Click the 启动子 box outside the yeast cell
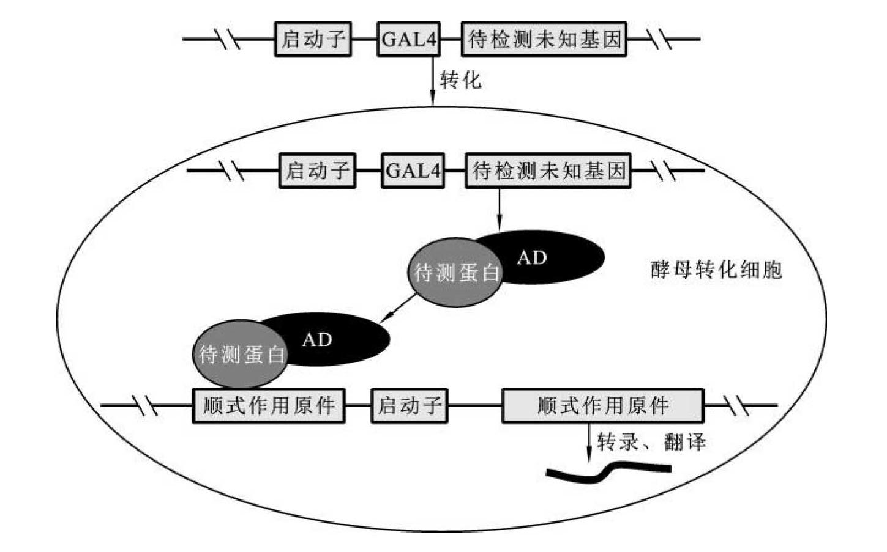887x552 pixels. pos(313,40)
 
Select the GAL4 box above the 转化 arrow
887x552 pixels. pos(409,40)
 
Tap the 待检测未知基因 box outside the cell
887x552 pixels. pos(544,40)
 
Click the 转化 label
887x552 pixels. pos(461,79)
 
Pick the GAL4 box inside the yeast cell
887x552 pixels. pos(413,171)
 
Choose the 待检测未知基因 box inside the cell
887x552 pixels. pos(548,171)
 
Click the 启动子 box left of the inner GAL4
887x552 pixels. pos(317,171)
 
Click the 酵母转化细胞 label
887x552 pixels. pos(716,270)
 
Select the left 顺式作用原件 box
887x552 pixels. pos(269,405)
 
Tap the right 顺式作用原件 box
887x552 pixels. pos(603,405)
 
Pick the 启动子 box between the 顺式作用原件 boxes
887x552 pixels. pos(409,405)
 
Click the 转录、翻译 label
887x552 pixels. pos(651,441)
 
